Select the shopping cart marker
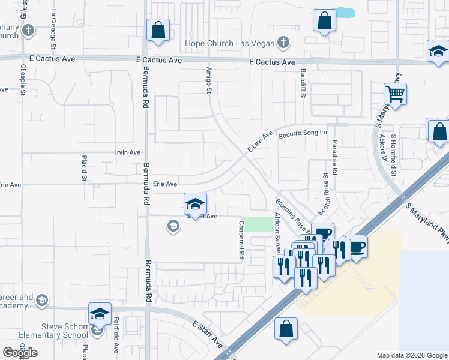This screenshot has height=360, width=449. pos(396,94)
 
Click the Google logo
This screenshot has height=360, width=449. pos(20,353)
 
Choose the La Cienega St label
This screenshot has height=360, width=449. pos(53,29)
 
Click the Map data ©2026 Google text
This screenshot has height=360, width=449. pos(411,355)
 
